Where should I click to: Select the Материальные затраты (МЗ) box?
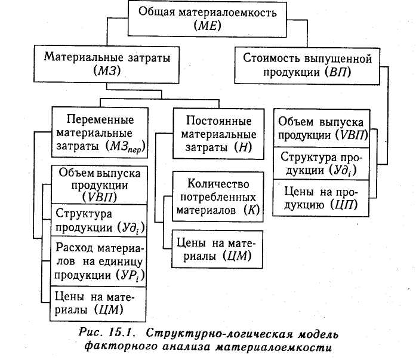[99, 65]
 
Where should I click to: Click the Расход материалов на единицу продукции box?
[98, 261]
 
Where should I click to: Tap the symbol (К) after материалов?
[250, 210]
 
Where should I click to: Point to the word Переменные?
[99, 118]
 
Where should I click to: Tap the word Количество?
[218, 182]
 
